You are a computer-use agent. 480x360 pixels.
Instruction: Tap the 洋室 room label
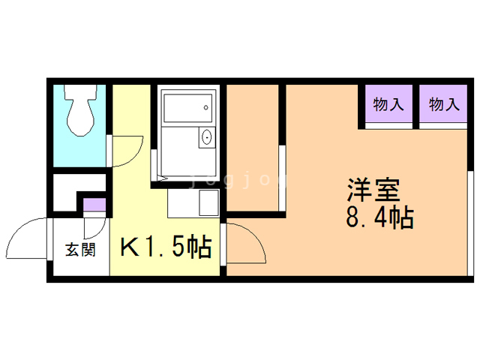point(373,190)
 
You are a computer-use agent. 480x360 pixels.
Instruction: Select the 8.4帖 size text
point(380,217)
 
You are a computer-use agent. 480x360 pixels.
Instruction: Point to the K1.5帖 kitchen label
point(166,247)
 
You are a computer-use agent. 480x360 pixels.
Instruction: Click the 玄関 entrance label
point(80,250)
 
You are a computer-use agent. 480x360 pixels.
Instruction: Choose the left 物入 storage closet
point(388,103)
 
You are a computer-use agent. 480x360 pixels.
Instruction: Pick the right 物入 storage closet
point(443,103)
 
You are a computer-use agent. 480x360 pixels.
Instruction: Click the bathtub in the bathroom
point(187,108)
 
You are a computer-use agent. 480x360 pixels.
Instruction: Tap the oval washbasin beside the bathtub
point(207,137)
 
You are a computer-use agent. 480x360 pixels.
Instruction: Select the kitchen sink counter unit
point(193,203)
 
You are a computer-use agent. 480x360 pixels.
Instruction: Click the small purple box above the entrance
point(95,205)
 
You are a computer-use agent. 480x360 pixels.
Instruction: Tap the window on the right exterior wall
point(470,223)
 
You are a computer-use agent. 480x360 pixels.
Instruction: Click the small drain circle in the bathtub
point(206,108)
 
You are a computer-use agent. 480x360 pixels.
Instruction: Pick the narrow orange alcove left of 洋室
point(252,148)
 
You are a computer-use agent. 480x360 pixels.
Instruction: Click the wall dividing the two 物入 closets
point(416,106)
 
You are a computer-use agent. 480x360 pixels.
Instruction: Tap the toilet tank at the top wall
point(80,91)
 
